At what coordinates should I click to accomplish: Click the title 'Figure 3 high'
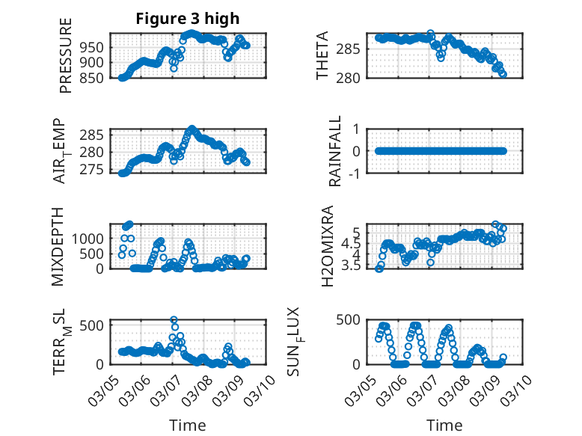pos(187,19)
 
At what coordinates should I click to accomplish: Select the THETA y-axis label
pos(322,56)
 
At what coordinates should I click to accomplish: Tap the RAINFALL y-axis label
pos(336,151)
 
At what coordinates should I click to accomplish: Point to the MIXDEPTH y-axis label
pos(58,246)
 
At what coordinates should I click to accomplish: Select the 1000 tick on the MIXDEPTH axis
pos(91,238)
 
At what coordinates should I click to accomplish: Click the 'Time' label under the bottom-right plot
pos(444,426)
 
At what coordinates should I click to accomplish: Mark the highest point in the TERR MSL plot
pos(174,320)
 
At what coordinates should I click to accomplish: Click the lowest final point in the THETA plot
pos(503,74)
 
